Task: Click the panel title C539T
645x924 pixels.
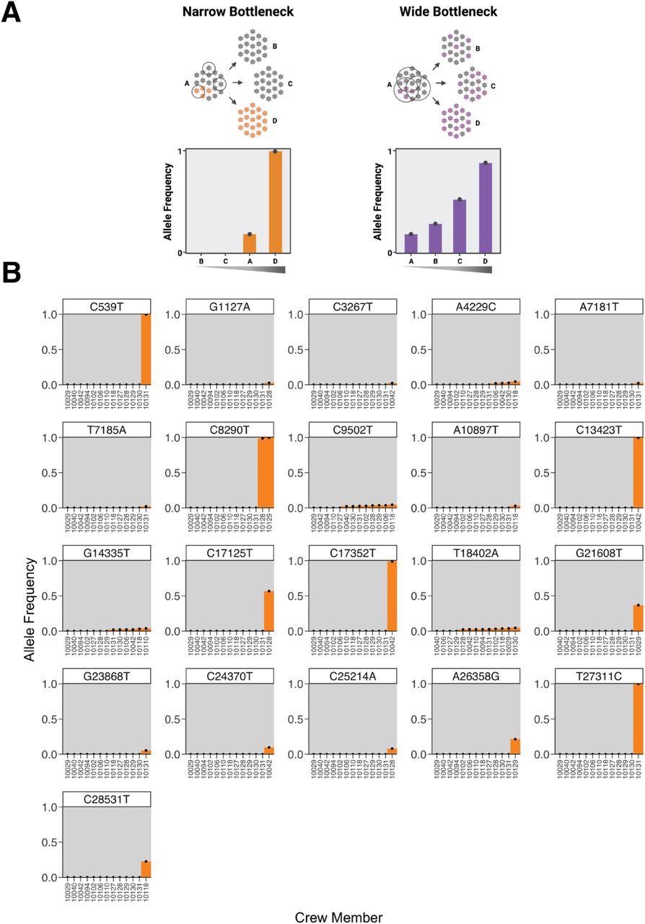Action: [x=107, y=307]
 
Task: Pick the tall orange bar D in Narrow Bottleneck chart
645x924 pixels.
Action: [x=275, y=202]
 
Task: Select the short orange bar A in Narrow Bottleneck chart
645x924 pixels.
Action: [x=249, y=243]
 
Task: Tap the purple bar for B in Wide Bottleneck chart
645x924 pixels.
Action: [x=435, y=238]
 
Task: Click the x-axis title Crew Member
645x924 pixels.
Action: [x=338, y=917]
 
